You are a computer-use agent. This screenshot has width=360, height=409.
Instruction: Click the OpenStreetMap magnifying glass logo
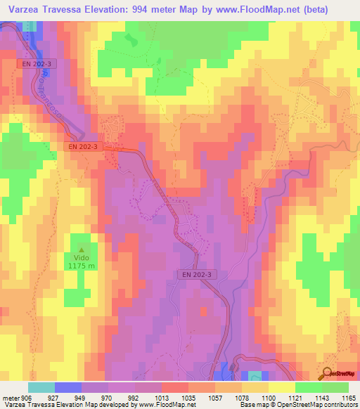point(328,374)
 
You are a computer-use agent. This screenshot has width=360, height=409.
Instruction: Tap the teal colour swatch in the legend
point(41,387)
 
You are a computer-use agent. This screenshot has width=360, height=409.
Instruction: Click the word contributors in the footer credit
point(337,405)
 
